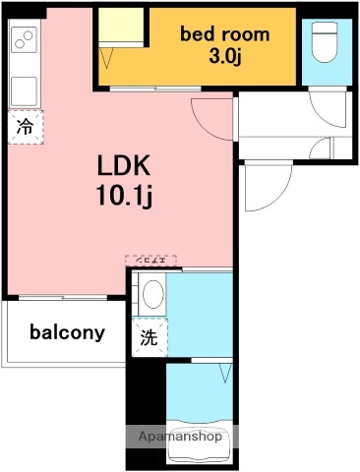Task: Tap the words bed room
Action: coord(222,33)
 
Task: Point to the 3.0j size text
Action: coord(223,56)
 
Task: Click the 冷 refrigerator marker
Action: coord(25,127)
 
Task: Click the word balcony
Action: coord(67,332)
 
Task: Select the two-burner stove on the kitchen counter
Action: coord(24,40)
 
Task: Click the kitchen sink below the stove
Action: coord(24,88)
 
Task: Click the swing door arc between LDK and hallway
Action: coord(209,118)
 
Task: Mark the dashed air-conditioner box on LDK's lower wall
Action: coord(151,261)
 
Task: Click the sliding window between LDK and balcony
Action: coord(64,296)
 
